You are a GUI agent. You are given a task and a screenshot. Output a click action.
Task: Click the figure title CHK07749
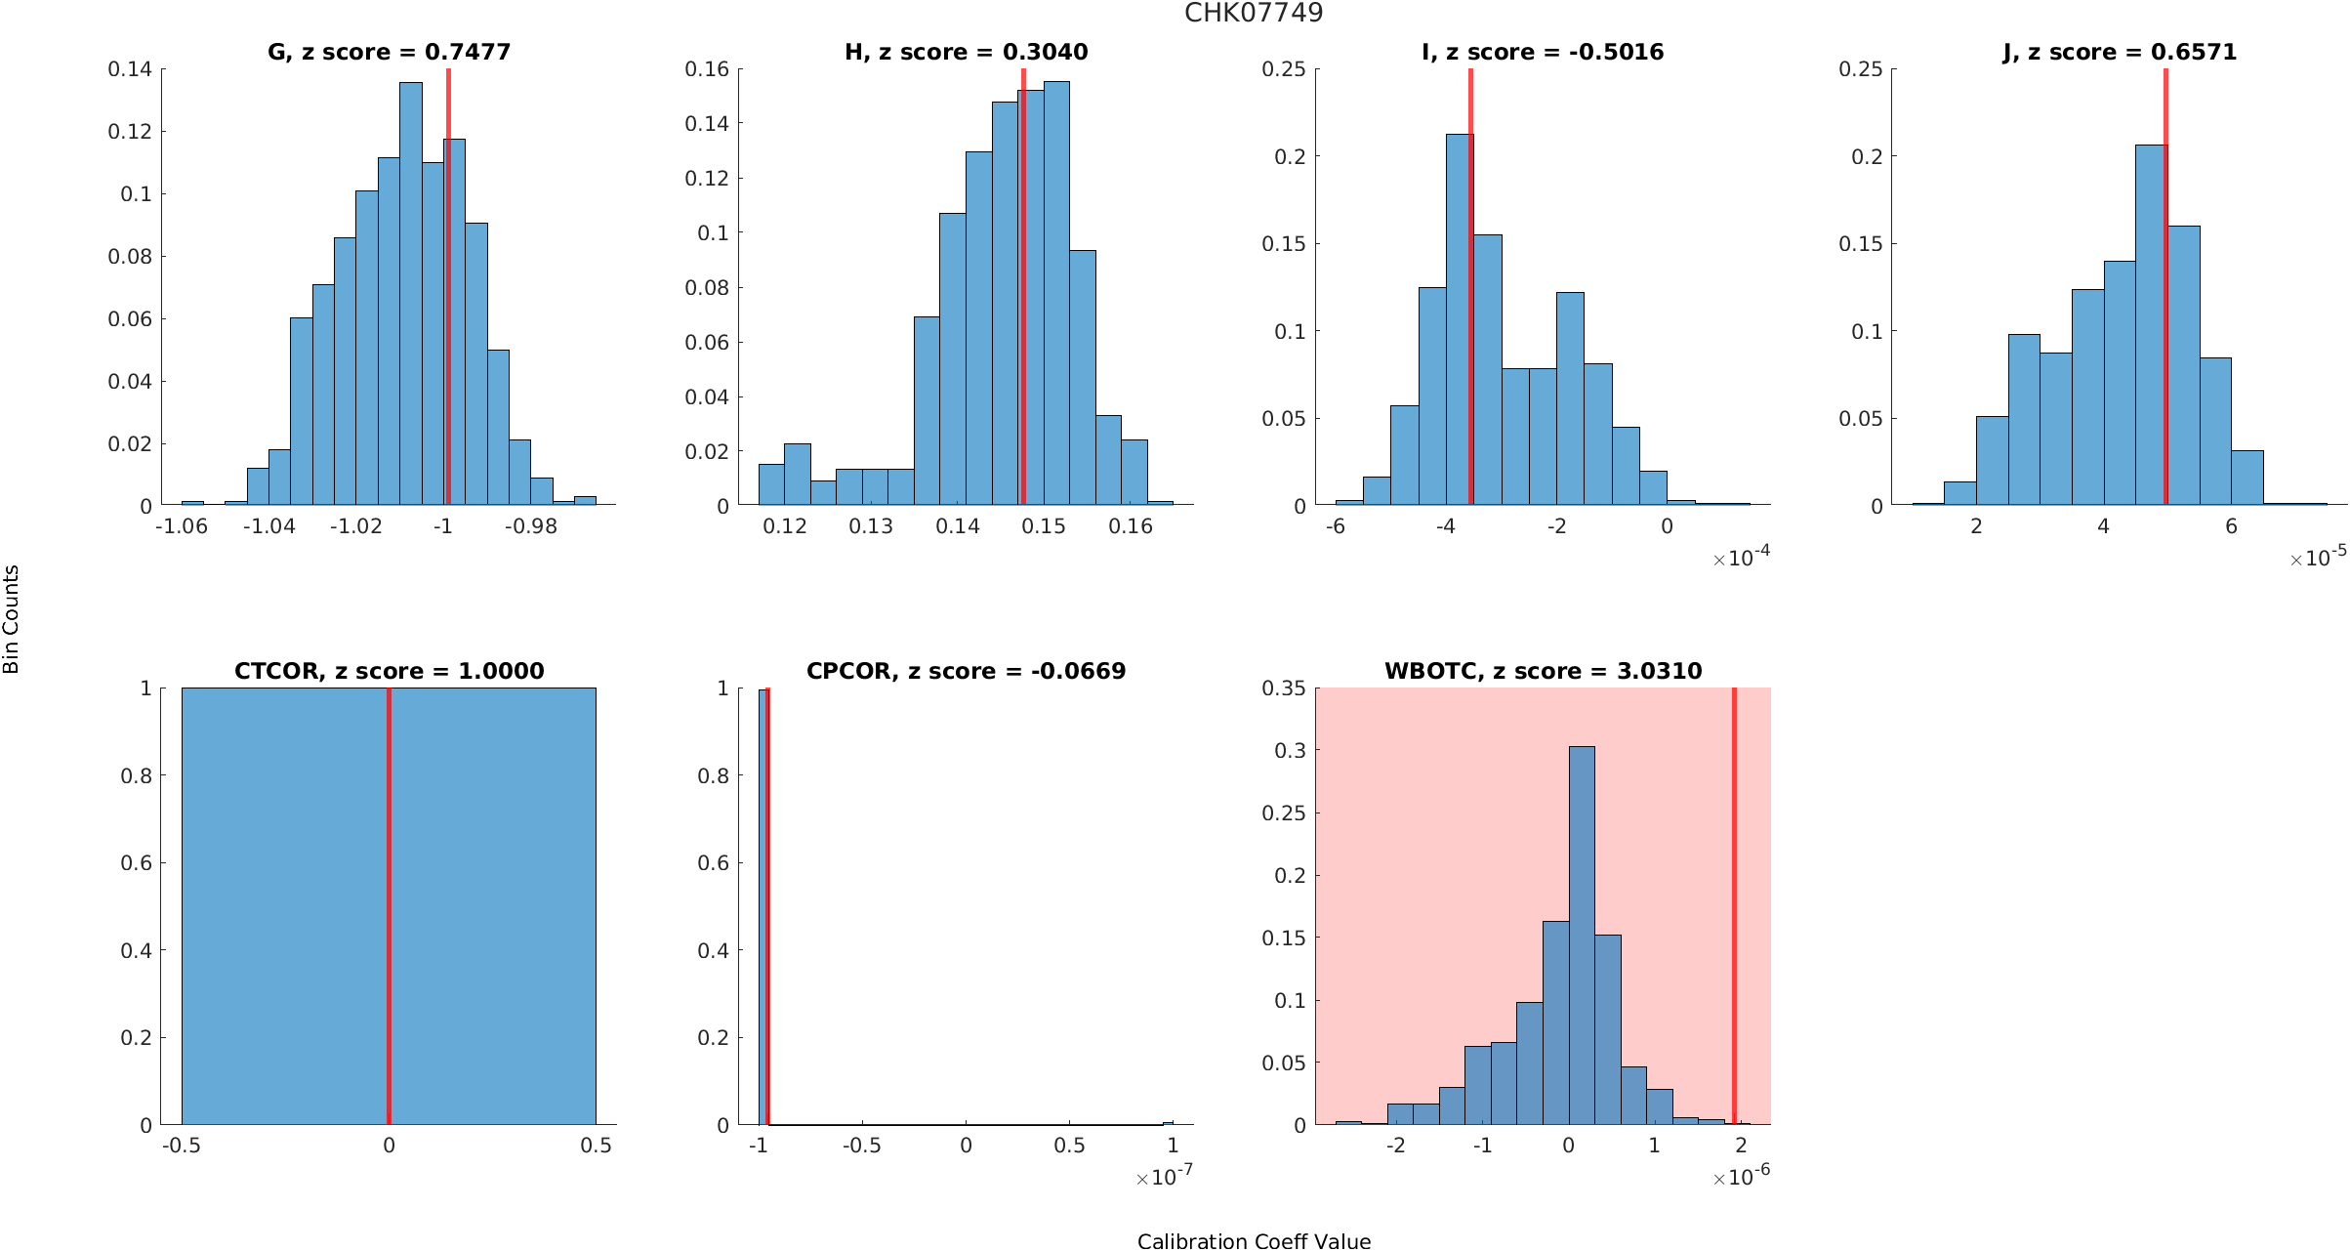(1254, 14)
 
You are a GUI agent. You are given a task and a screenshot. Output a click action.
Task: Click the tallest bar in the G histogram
(411, 293)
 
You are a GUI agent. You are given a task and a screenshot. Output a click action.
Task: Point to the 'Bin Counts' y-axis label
(12, 619)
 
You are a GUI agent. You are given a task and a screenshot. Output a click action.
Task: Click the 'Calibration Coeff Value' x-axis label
(1254, 1240)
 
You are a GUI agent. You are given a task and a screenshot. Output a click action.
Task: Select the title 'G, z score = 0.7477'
(389, 52)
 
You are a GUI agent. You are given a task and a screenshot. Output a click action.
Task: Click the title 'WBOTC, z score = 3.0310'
(1543, 671)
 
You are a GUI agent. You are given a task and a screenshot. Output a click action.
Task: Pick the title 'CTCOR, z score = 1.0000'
(389, 671)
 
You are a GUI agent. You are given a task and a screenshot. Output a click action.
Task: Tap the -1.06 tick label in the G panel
(182, 526)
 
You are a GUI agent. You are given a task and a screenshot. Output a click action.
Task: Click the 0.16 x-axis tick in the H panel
(1131, 526)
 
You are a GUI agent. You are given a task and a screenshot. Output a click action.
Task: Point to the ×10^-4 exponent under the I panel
(1742, 558)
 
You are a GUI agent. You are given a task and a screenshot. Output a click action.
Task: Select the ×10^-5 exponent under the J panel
(2318, 558)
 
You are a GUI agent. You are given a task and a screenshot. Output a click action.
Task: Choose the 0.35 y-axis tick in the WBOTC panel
(1283, 688)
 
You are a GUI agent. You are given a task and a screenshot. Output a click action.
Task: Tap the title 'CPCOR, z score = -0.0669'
(966, 671)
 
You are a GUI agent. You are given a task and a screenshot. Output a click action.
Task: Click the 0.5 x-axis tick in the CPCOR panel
(1069, 1146)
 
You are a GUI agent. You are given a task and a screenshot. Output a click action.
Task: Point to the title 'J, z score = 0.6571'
(2120, 52)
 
